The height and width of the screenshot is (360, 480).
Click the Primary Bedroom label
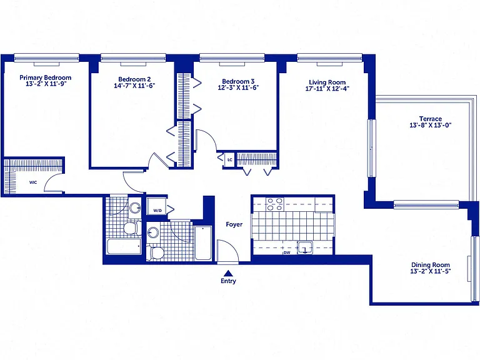click(x=45, y=77)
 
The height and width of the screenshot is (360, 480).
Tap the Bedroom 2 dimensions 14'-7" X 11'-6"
click(x=134, y=86)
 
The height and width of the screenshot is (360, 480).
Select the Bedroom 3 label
click(x=238, y=81)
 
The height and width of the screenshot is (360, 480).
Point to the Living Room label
click(x=327, y=82)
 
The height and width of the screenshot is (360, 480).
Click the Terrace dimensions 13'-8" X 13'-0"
click(x=431, y=125)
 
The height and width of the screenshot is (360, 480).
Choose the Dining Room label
click(x=431, y=265)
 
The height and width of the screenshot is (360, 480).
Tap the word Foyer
click(x=234, y=224)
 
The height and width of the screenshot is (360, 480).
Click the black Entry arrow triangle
click(x=227, y=273)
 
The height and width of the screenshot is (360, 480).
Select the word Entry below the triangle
click(x=228, y=281)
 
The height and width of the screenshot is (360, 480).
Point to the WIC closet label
click(x=33, y=182)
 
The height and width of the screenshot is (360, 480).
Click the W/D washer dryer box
click(x=157, y=207)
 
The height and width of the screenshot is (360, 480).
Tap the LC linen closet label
click(x=229, y=160)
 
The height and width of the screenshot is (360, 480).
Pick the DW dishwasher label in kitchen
click(x=287, y=252)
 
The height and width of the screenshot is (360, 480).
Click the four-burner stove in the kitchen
click(x=274, y=204)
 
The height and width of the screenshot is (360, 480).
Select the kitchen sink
click(x=305, y=247)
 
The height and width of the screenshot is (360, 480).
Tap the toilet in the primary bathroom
click(x=132, y=228)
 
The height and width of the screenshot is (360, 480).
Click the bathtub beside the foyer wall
click(x=203, y=243)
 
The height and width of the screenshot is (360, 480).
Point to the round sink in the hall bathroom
click(x=152, y=232)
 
